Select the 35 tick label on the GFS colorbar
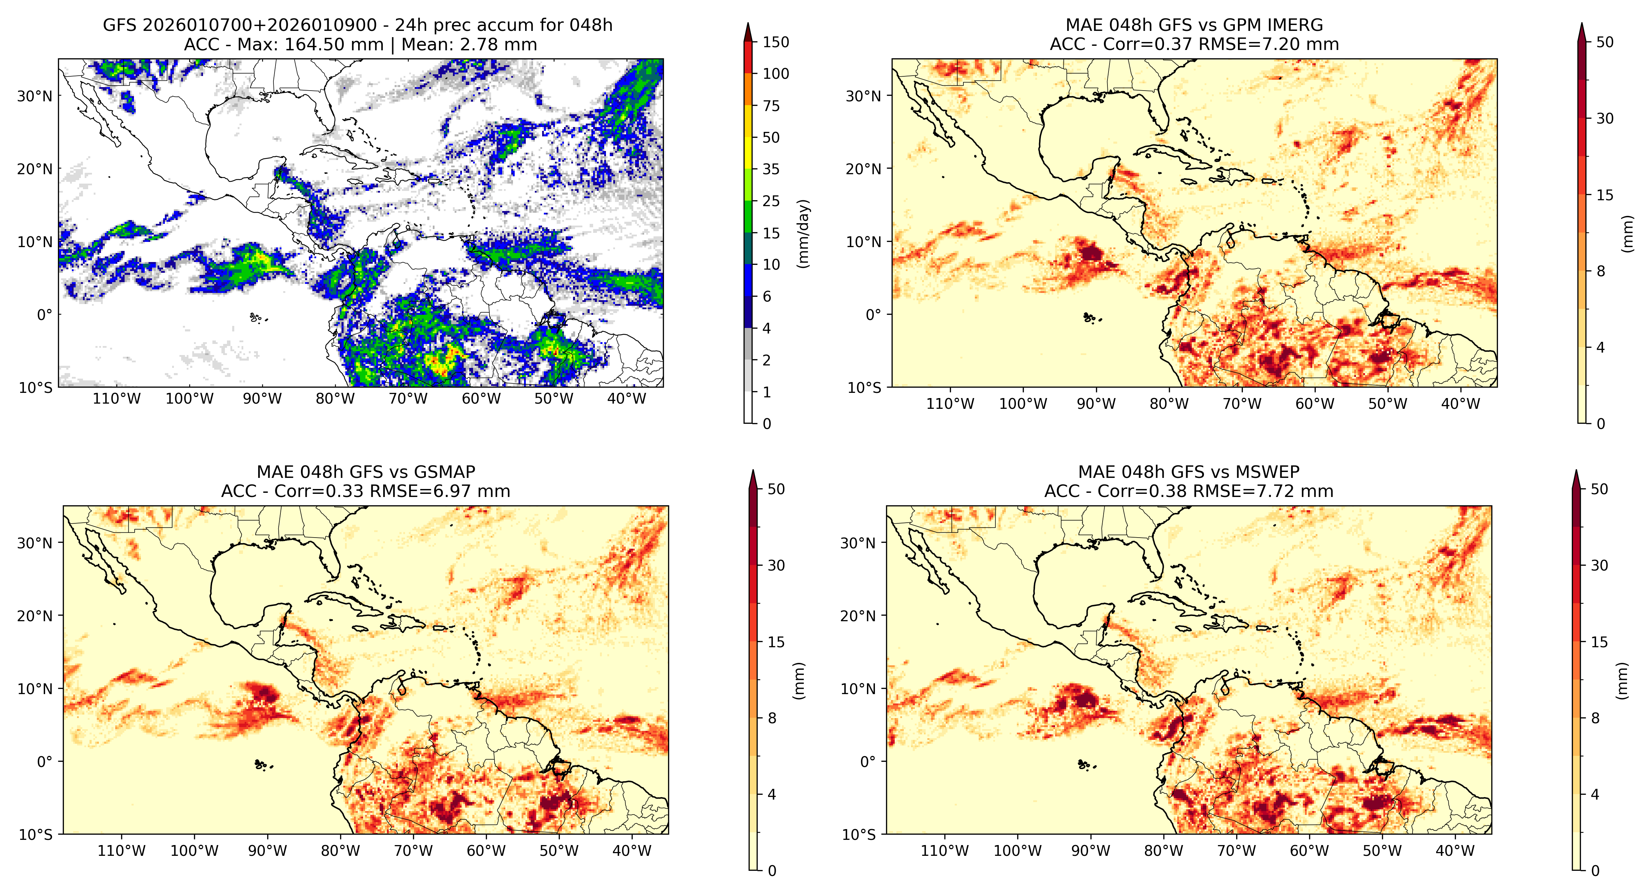[x=771, y=169]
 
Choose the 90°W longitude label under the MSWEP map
[x=1090, y=851]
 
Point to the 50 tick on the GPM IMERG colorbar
[x=1604, y=42]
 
